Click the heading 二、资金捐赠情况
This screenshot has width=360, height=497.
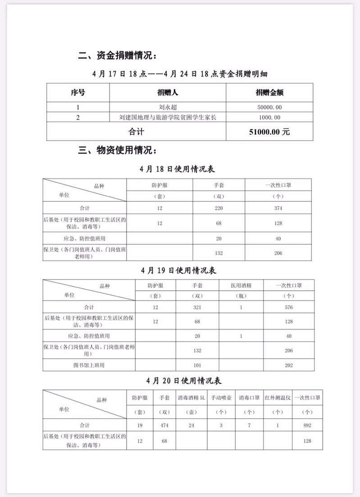pyautogui.click(x=118, y=56)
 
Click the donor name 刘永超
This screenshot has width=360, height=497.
pyautogui.click(x=168, y=107)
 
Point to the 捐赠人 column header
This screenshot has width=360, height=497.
pyautogui.click(x=168, y=93)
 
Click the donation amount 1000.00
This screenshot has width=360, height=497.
pyautogui.click(x=270, y=118)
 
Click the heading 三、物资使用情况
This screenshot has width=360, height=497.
pyautogui.click(x=118, y=150)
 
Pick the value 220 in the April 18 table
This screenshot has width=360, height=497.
pyautogui.click(x=219, y=208)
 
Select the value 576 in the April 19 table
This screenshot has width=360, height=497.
pyautogui.click(x=289, y=307)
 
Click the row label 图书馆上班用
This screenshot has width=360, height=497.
pyautogui.click(x=90, y=365)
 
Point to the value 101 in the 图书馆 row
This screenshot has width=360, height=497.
pyautogui.click(x=197, y=365)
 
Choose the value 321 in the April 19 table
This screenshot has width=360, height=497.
pyautogui.click(x=197, y=307)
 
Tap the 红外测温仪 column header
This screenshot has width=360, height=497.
pyautogui.click(x=278, y=398)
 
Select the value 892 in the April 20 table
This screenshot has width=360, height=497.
pyautogui.click(x=308, y=425)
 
